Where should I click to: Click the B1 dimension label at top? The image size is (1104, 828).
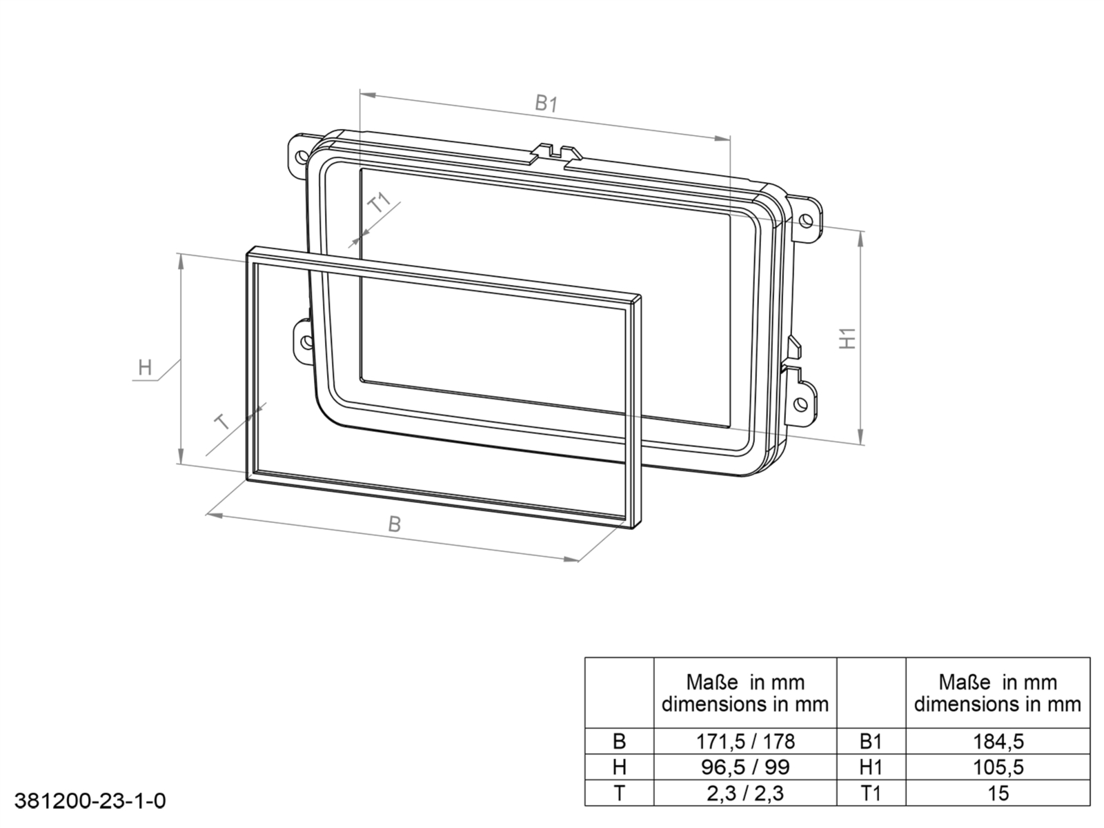tap(546, 104)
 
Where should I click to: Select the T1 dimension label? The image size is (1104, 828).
tap(380, 203)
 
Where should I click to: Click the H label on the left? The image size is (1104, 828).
tap(145, 367)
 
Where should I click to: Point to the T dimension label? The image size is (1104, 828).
tap(223, 422)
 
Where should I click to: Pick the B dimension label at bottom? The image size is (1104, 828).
tap(394, 524)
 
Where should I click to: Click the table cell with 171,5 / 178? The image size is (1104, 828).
tap(745, 741)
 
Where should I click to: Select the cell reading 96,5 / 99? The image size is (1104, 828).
tap(745, 767)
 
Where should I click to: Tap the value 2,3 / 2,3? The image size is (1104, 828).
tap(745, 793)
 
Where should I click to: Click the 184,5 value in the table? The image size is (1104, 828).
tap(998, 741)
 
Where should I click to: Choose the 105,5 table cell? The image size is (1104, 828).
tap(998, 767)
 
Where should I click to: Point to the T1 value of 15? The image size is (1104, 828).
tap(998, 793)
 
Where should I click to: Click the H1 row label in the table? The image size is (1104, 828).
tap(871, 767)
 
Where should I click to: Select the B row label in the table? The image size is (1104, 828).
tap(619, 741)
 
